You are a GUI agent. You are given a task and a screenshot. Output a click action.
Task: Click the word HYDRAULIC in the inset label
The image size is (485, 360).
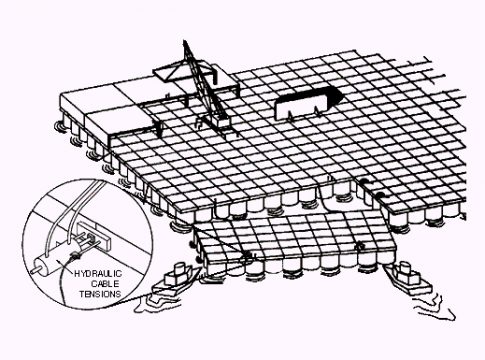coord(98,274)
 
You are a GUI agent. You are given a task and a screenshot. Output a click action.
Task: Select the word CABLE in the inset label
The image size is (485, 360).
coord(105,284)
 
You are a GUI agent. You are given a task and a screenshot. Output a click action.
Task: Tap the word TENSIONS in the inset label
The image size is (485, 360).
coord(100,294)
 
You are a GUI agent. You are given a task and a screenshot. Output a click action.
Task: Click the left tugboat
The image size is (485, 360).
coord(176,279)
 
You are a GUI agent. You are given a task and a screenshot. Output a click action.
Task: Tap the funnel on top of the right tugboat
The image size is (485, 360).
coord(404,267)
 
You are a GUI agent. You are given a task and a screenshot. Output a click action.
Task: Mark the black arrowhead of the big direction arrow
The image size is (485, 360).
coord(334,95)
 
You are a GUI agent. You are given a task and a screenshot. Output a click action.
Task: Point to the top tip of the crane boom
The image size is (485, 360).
coord(184,41)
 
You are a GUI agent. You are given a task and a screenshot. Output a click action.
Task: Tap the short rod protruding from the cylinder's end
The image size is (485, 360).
coord(34,270)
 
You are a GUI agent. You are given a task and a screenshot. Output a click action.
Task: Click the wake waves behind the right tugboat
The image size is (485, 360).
coord(434,306)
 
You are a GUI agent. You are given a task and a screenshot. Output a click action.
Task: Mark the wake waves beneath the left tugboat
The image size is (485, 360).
coord(157,302)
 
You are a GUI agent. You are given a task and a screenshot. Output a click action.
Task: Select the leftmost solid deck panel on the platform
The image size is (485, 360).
coord(87,97)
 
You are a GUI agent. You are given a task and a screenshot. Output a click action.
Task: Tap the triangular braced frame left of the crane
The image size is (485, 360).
coord(171,72)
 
